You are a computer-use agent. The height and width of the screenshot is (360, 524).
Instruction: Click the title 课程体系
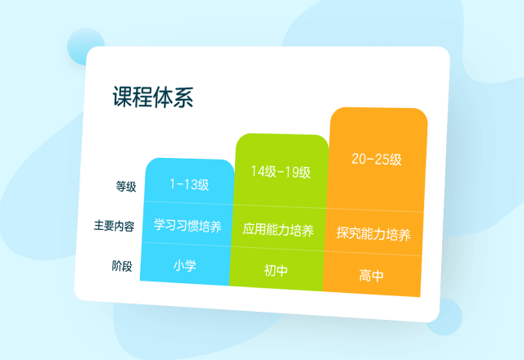pos(153,97)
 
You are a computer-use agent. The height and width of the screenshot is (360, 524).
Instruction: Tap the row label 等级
pos(126,186)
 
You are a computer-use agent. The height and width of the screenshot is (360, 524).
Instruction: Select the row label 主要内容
pos(114,226)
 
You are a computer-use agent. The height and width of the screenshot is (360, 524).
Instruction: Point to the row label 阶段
pos(122,266)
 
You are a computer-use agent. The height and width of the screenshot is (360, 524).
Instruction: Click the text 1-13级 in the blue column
pos(189,184)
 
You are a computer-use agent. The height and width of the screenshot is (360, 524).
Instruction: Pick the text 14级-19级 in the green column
pos(281,172)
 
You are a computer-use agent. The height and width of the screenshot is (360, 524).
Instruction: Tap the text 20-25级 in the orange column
pos(377,159)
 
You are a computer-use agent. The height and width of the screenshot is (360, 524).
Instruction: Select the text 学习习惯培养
pos(187,226)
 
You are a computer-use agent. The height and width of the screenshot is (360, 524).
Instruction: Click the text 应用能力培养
pos(278,230)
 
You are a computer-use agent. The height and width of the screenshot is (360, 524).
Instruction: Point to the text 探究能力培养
pos(373,234)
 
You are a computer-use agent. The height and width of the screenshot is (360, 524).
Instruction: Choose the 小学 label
pos(185,266)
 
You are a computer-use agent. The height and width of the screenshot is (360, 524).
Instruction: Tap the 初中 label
pos(276,270)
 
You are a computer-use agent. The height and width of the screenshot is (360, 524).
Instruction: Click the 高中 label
pos(371,276)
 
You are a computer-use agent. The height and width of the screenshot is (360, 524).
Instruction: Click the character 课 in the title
pos(122,97)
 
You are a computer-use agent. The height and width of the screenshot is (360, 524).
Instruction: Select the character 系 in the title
pos(183,97)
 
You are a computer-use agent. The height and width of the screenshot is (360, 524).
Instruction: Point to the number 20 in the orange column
pos(359,159)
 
